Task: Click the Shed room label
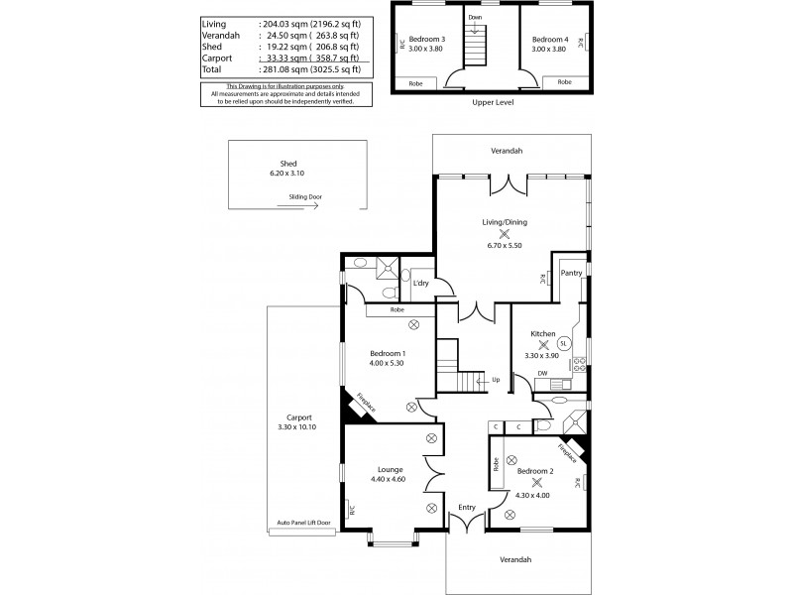point(288,164)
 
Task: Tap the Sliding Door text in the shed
point(305,196)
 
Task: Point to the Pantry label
point(571,273)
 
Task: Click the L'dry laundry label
point(420,285)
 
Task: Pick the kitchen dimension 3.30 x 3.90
point(543,356)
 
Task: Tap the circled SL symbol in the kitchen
point(563,343)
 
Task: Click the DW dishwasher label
point(542,373)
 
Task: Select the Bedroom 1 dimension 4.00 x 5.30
point(388,363)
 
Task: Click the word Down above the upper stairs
point(475,17)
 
